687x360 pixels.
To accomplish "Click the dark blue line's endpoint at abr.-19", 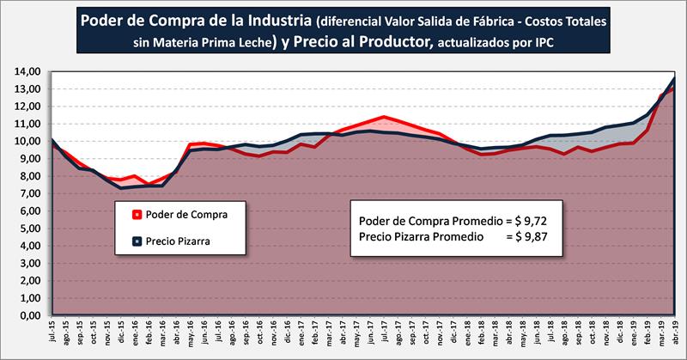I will click(x=673, y=78).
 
